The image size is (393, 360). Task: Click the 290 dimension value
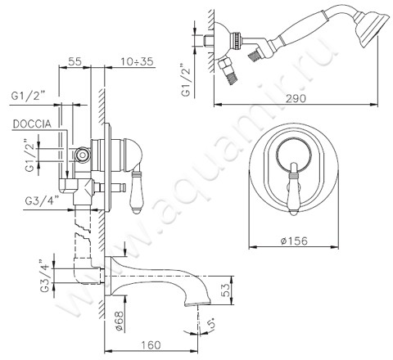point(296,98)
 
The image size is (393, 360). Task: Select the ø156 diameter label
point(294,241)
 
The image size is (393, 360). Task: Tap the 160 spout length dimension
point(151,345)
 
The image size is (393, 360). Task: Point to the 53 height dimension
point(225,290)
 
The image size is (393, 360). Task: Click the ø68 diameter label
point(120,321)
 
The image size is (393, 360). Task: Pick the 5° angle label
point(212,322)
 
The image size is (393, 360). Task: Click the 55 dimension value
point(75,61)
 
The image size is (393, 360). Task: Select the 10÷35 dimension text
point(138,61)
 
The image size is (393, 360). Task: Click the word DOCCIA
point(32,124)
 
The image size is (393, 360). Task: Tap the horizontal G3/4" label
point(43,201)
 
